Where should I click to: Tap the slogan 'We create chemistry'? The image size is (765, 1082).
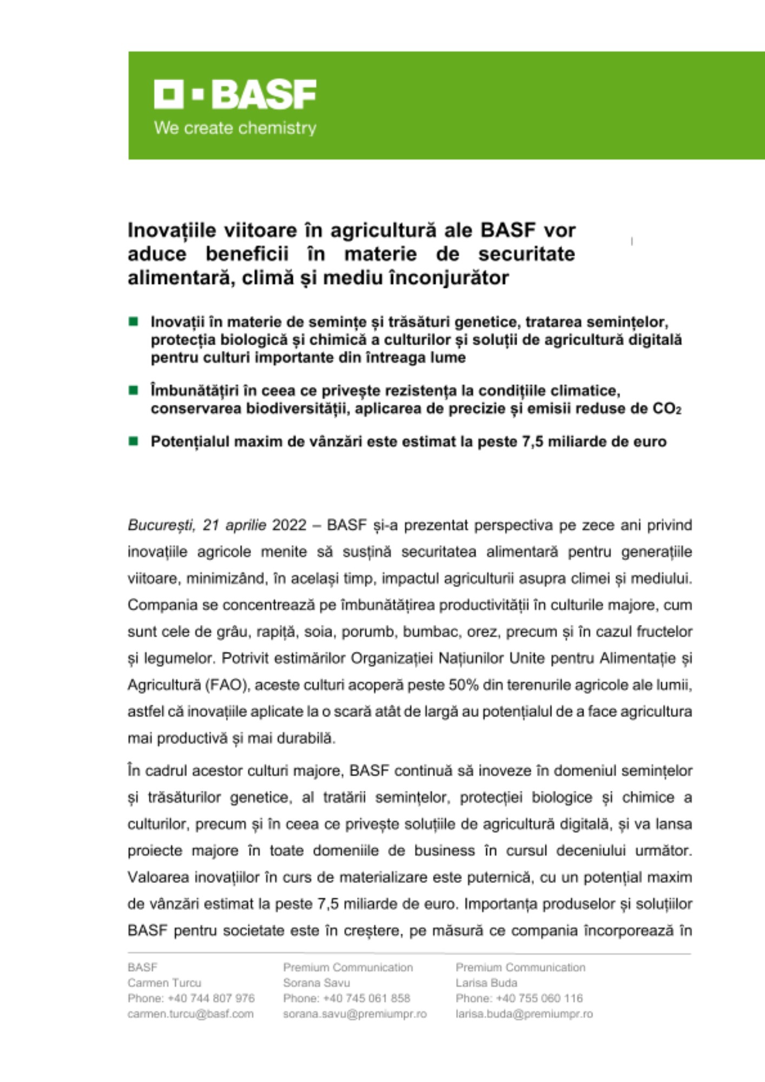pos(235,128)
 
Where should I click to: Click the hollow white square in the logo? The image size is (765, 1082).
pos(168,94)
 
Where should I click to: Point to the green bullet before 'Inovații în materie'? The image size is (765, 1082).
pos(134,322)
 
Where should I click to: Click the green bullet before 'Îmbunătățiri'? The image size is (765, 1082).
pos(134,390)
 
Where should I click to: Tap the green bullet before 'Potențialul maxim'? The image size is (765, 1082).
pos(134,441)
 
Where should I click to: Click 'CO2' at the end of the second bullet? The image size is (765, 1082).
pos(667,408)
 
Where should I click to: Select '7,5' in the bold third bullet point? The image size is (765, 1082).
pos(532,442)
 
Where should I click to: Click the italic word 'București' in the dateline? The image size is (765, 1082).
pos(161,525)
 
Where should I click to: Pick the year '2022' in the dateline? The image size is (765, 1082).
pos(289,525)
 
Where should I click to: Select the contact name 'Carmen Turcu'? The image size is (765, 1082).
pos(164,982)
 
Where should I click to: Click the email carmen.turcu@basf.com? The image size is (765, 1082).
pos(190,1014)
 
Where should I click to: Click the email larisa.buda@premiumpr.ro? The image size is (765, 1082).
pos(524,1014)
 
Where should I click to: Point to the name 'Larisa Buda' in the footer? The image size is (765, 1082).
pos(486,982)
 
